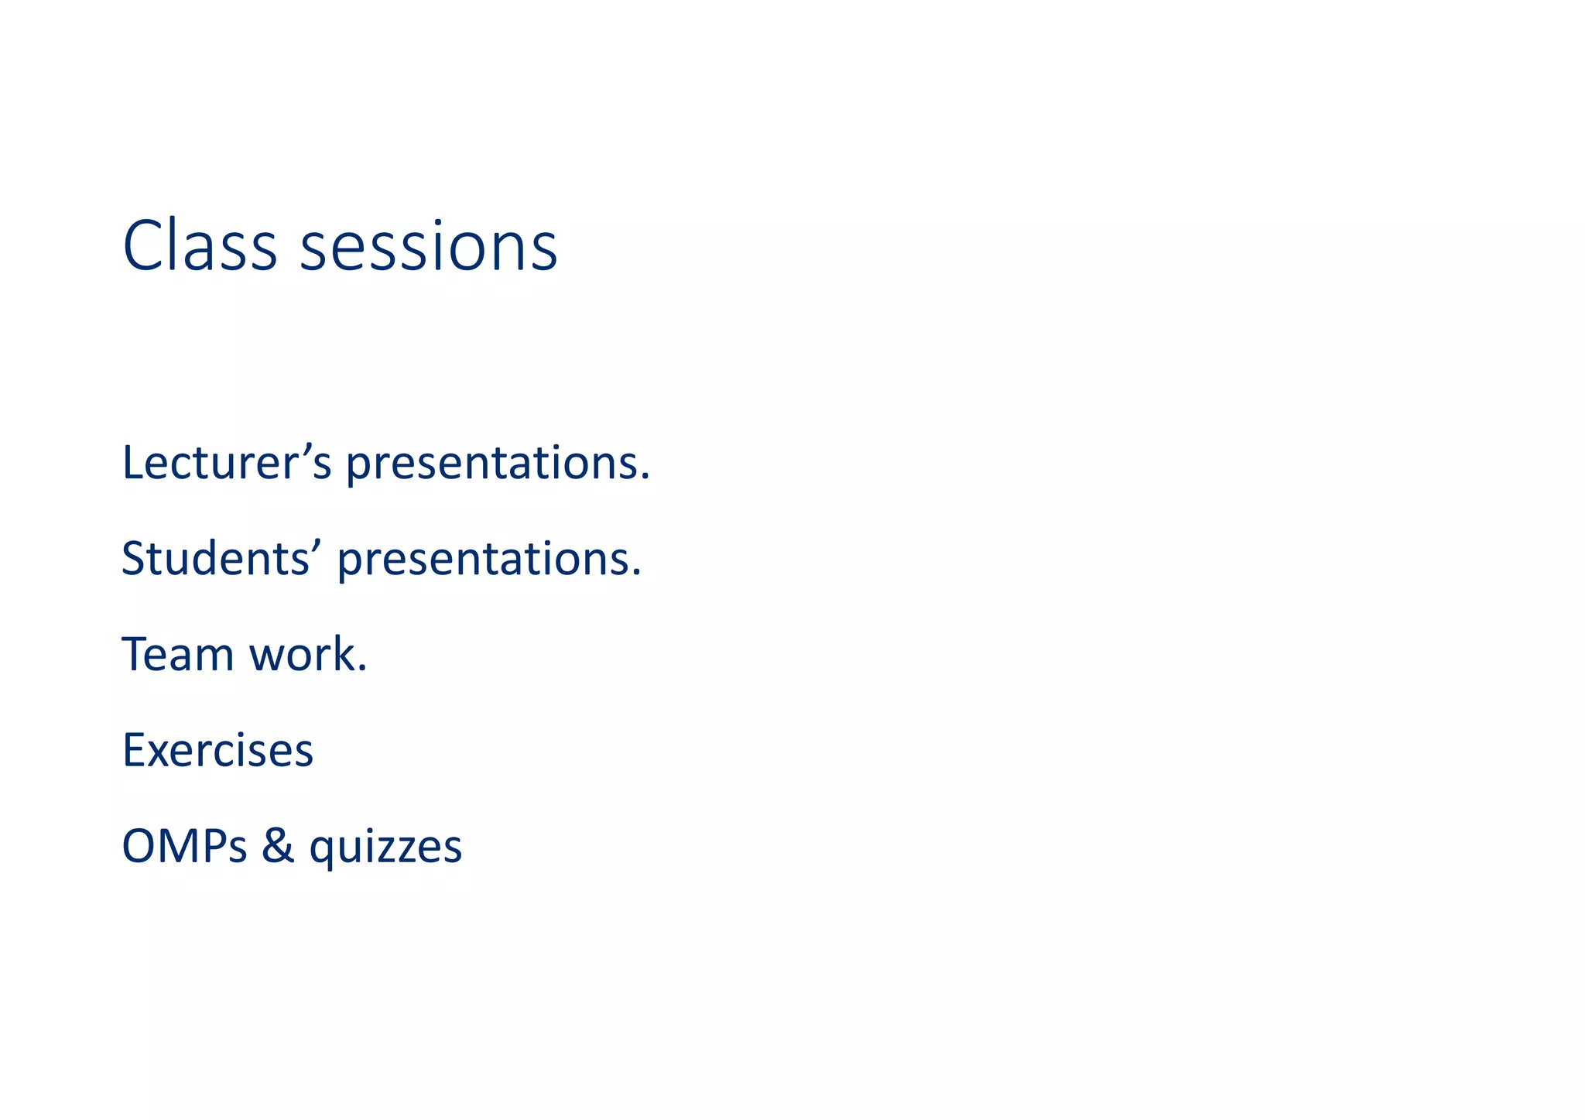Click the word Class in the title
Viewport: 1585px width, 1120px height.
(199, 246)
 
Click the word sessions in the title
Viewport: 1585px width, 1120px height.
(428, 248)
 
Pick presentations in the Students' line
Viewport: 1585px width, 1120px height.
(488, 560)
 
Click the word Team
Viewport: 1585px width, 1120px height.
(177, 654)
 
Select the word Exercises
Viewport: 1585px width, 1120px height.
(217, 750)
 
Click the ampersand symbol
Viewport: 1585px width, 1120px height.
(278, 845)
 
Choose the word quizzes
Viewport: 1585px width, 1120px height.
(385, 848)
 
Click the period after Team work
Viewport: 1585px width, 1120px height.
(362, 670)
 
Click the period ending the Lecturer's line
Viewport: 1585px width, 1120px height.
(645, 478)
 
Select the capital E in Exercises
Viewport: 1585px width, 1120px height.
(133, 750)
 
